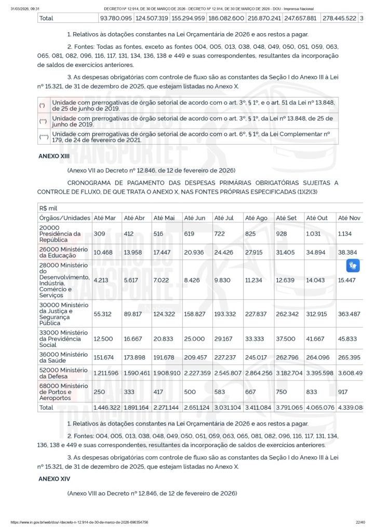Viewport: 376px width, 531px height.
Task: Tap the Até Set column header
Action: (x=286, y=218)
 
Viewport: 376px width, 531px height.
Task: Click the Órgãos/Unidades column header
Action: (x=64, y=218)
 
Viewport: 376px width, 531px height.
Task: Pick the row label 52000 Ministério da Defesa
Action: (x=63, y=369)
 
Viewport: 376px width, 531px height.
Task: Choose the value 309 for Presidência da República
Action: (x=99, y=234)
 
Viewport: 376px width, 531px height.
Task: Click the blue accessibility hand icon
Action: (x=353, y=266)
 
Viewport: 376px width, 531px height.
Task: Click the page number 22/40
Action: (x=360, y=522)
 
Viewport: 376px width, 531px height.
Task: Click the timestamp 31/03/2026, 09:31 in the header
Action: (x=26, y=9)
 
